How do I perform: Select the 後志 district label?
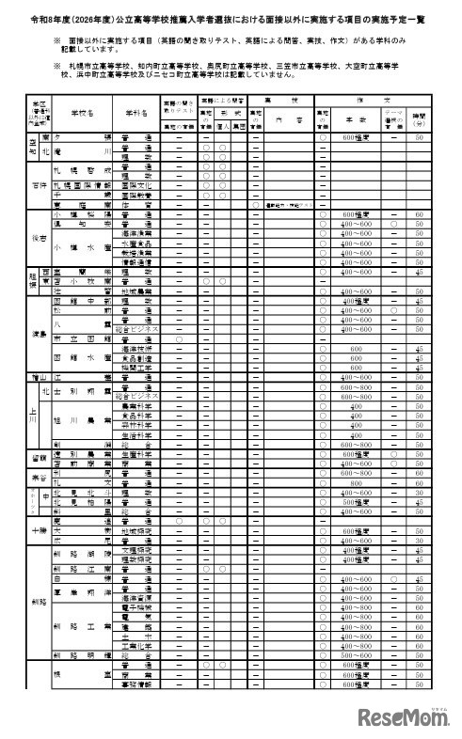point(37,240)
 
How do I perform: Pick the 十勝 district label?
point(37,530)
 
